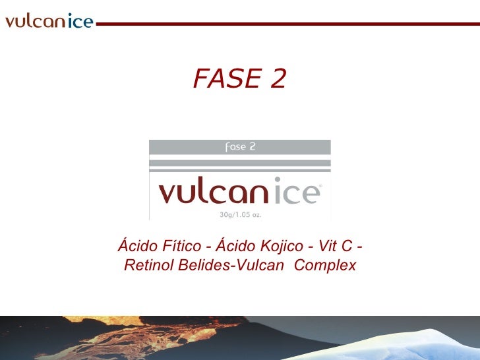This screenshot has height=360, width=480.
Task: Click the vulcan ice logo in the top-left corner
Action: [49, 21]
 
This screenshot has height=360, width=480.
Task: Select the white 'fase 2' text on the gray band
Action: [240, 147]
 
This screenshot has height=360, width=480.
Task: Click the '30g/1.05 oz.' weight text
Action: [240, 214]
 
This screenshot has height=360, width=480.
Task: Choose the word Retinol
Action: [148, 266]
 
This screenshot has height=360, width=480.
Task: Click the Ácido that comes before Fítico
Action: [137, 246]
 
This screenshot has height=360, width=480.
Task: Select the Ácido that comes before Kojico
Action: [236, 246]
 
